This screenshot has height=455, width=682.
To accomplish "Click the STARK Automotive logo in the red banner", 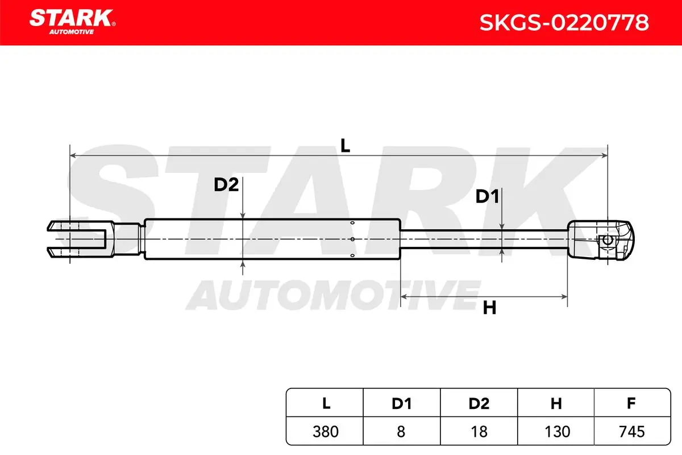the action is click(72, 22).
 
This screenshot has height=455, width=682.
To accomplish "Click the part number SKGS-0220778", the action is click(564, 23).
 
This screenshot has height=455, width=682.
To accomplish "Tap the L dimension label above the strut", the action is click(345, 146).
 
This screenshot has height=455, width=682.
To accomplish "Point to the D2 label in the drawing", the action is click(226, 185).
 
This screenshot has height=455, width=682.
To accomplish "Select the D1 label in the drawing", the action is click(487, 196).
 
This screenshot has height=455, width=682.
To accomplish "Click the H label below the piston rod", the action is click(489, 308).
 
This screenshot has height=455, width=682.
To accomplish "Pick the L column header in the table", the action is click(326, 403).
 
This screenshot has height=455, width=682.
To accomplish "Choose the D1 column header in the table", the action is click(402, 403).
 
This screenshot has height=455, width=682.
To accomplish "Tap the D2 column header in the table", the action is click(479, 403).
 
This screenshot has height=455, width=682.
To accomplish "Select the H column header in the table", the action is click(556, 403).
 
